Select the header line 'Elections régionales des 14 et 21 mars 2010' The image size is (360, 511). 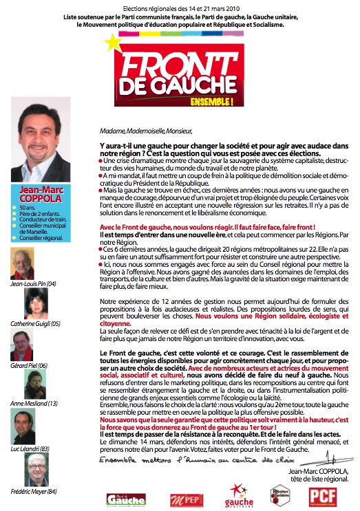click(180, 6)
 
